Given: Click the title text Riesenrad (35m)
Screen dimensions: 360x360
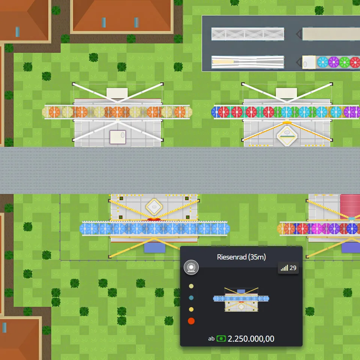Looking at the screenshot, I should tap(241, 257).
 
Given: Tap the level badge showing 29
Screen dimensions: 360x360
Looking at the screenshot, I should tap(288, 268).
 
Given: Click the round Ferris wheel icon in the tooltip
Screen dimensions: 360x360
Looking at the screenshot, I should tap(191, 267).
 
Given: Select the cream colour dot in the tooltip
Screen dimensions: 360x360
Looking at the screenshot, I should tap(191, 286).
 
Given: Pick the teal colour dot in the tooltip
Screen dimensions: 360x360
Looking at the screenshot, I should tap(191, 298).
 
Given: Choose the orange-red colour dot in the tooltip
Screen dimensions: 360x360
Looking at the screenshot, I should tap(191, 321).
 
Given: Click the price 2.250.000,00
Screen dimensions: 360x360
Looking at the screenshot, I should tap(251, 339).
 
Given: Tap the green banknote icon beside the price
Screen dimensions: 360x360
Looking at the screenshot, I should tap(221, 339).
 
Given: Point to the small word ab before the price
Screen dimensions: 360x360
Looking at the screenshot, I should tap(211, 339).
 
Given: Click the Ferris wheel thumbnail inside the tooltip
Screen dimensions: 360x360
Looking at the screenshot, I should tap(241, 299).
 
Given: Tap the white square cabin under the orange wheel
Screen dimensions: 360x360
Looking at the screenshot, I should tap(117, 137).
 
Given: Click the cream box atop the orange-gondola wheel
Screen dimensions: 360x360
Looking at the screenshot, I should tap(117, 93).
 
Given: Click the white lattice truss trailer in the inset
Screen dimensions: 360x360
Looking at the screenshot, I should tap(247, 34).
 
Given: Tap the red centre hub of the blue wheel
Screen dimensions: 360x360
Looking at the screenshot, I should tap(154, 219).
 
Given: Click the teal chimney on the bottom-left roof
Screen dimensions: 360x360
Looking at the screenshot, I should tap(4, 327).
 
